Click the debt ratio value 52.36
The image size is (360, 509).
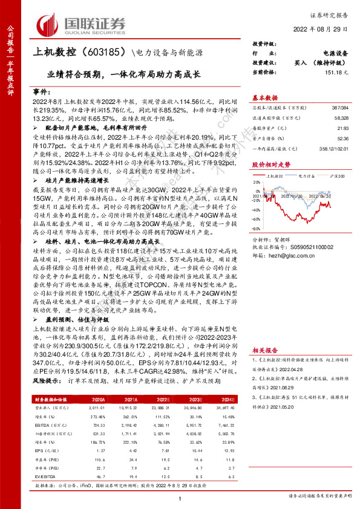click(343, 140)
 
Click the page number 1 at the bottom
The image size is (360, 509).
click(180, 497)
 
